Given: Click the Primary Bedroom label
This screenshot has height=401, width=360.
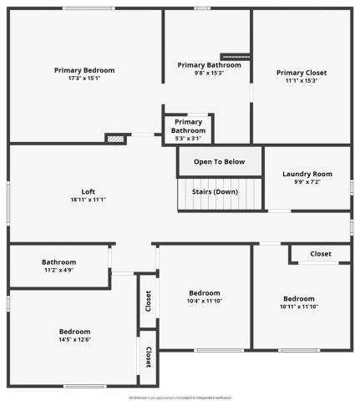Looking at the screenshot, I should tap(84, 70).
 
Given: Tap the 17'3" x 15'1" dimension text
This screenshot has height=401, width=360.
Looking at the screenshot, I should tap(84, 79).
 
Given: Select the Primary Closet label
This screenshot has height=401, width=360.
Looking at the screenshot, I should tap(302, 73).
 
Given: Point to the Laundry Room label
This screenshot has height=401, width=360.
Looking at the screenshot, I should tap(307, 174).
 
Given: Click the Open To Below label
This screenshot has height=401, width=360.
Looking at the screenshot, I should tap(220, 161).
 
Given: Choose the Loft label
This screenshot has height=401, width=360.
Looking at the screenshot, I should tap(88, 191).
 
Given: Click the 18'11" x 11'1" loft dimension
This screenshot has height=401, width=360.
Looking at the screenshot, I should tap(88, 200).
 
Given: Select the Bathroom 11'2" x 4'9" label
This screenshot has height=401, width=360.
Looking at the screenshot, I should tap(59, 261).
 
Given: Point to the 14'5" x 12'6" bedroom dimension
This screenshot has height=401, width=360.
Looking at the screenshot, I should tap(74, 339).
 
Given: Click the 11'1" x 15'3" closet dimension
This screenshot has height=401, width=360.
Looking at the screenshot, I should tap(302, 81).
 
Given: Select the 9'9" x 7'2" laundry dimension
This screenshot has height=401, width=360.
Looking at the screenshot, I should tap(307, 182).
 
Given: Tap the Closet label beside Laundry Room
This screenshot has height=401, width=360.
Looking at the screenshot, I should tap(321, 254).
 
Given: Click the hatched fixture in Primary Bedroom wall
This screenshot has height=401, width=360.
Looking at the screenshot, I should tap(115, 139).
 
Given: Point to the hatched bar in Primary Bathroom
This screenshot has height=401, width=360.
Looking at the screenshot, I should tap(236, 57).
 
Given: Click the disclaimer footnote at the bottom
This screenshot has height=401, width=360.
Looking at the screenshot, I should tap(180, 397).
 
